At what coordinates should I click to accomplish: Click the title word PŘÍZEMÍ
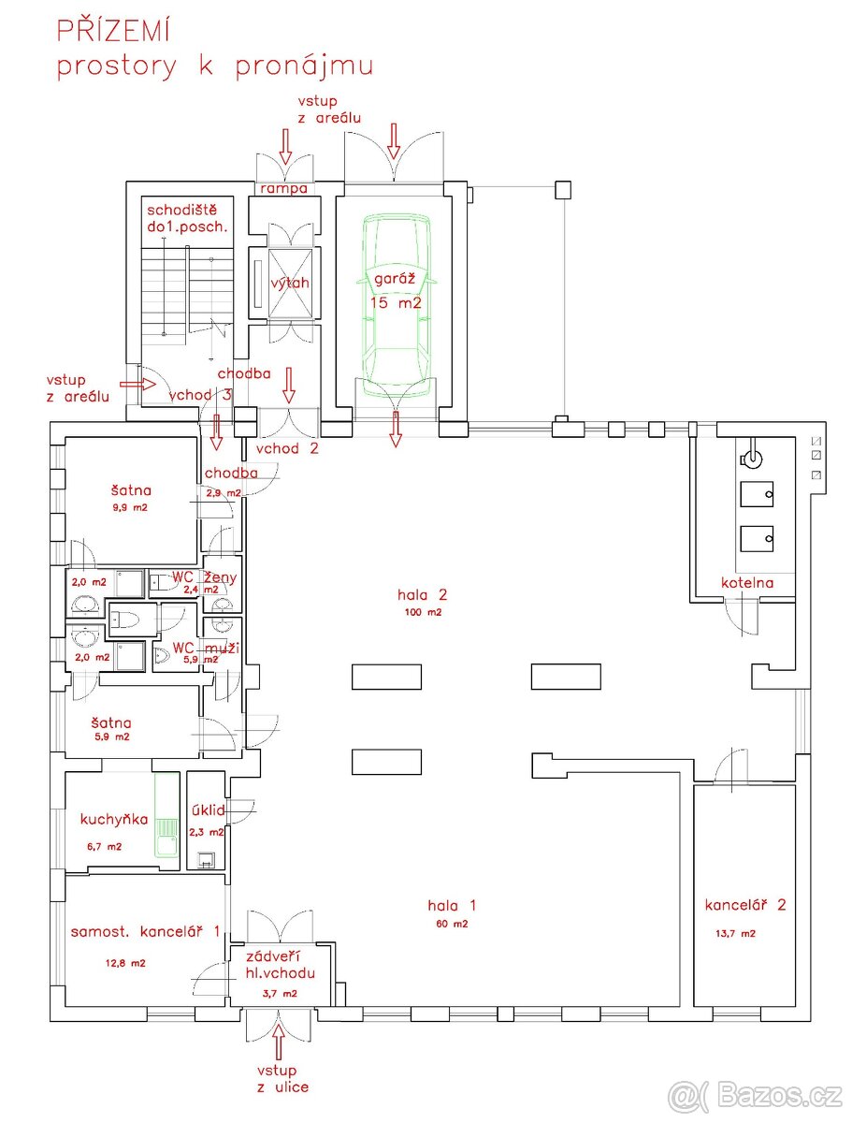coord(113,31)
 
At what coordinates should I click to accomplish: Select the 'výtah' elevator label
coord(290,283)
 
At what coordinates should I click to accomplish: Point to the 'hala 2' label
coord(422,594)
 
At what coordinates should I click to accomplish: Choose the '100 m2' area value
coord(422,612)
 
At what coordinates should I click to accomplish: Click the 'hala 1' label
coord(452,905)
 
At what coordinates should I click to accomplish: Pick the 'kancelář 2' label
coord(745,905)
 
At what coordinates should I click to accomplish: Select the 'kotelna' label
coord(747,582)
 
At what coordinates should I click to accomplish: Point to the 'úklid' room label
coord(207,809)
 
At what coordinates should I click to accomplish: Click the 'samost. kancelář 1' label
coord(146,931)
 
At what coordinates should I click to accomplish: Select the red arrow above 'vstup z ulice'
coord(278,1042)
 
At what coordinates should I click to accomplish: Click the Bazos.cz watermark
coord(755,1094)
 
